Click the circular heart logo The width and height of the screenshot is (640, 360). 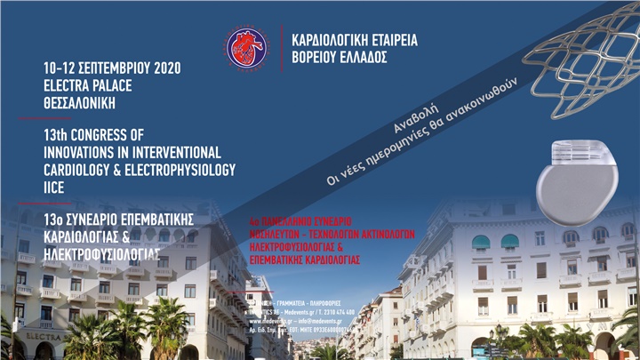click(245, 48)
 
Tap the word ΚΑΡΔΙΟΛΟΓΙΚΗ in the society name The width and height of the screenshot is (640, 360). click(324, 39)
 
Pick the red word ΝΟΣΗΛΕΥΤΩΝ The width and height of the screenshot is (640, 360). click(276, 231)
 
